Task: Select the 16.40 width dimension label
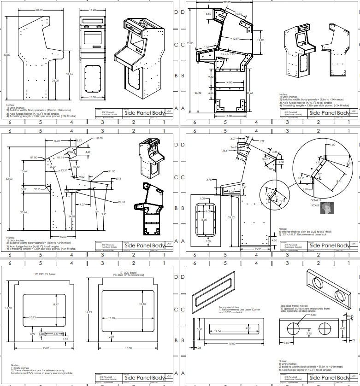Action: coord(93,9)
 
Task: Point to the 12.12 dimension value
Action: coord(260,40)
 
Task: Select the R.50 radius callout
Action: coord(100,138)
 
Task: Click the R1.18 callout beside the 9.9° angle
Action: coord(122,202)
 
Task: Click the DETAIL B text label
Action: coord(318,201)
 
